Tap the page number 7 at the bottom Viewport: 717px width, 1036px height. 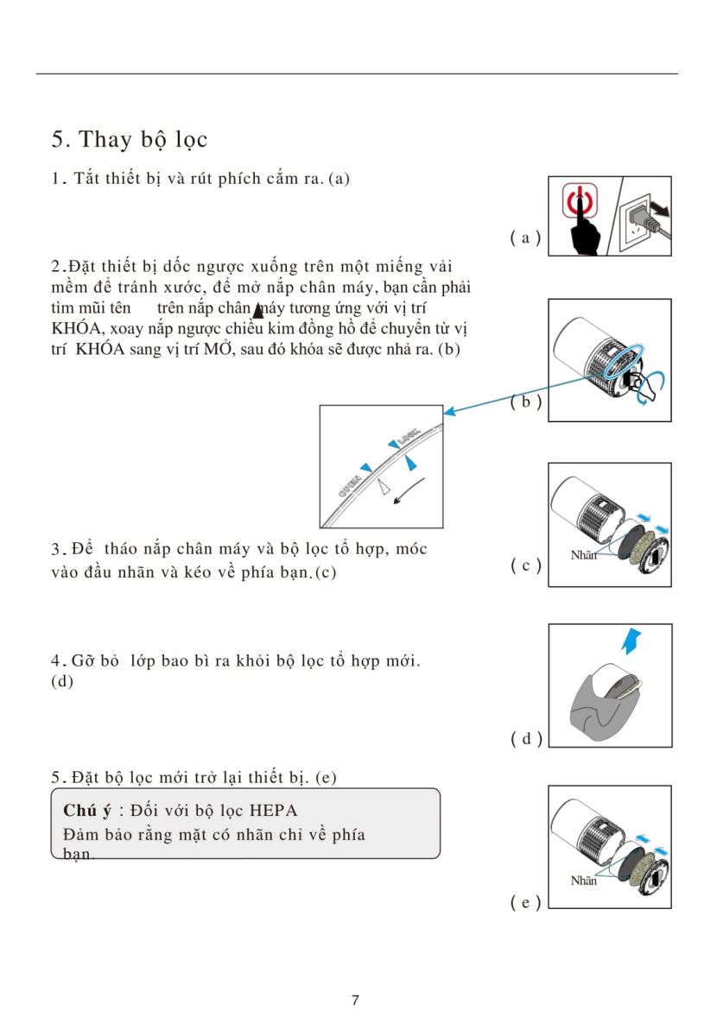pos(356,1001)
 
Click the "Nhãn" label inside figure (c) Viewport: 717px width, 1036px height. pos(584,556)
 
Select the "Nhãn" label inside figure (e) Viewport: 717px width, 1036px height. pos(584,881)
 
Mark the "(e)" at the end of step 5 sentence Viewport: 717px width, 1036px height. pos(325,777)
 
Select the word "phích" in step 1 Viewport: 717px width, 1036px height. pos(234,179)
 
